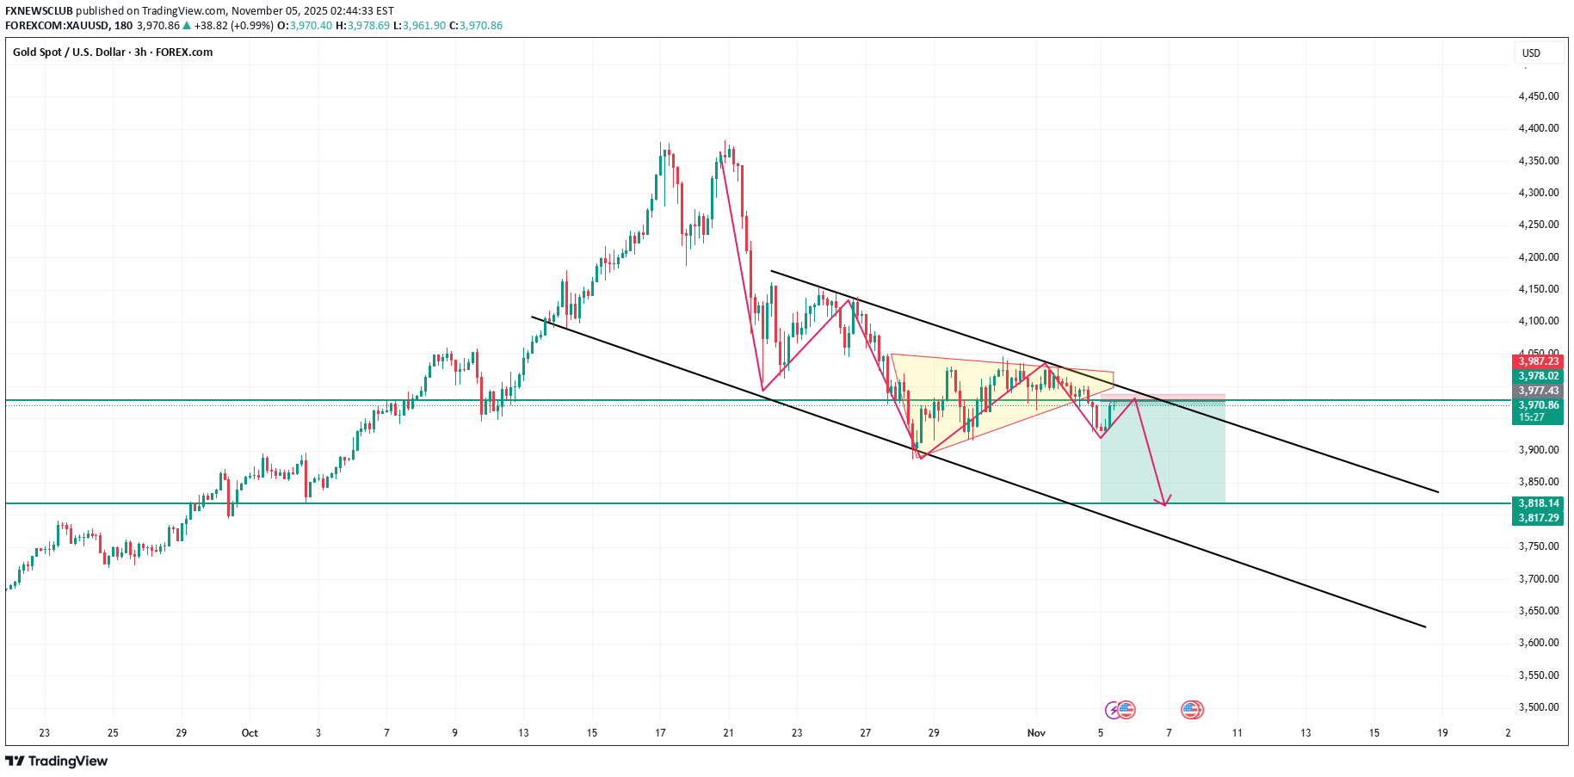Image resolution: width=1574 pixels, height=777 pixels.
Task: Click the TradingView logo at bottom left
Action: tap(57, 761)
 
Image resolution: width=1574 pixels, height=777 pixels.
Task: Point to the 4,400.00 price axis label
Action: tap(1538, 128)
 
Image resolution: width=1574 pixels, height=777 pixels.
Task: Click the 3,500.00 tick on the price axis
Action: tap(1538, 707)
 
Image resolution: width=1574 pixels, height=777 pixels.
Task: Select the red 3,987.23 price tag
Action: tap(1538, 361)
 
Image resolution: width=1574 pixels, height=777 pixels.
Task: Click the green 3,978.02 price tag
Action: tap(1538, 376)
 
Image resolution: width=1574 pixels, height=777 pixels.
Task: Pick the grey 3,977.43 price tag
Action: tap(1538, 391)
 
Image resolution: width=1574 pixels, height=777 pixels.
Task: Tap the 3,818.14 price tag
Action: tap(1538, 503)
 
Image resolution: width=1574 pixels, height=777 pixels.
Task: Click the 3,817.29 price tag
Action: tap(1538, 518)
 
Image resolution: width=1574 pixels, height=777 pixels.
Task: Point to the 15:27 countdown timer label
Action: tap(1531, 417)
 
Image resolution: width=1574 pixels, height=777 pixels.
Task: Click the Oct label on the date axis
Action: tap(250, 733)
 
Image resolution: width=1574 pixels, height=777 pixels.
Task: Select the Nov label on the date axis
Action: tap(1036, 733)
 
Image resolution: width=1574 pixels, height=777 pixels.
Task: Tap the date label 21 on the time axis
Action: tap(729, 733)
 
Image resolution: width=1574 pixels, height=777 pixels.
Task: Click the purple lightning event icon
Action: tap(1114, 710)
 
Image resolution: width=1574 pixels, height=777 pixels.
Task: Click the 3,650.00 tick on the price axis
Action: tap(1538, 611)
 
